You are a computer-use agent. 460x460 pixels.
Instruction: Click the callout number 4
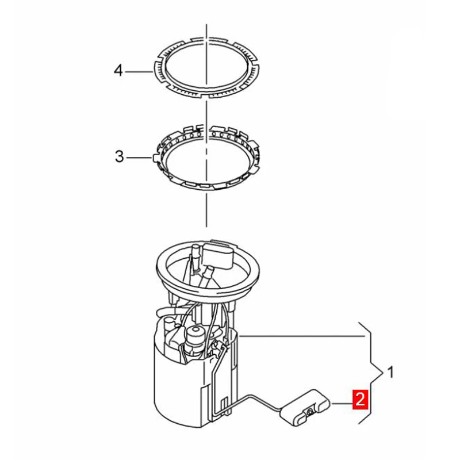(118, 71)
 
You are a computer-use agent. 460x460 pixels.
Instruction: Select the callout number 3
(119, 156)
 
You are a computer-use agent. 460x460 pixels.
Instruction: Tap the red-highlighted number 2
(359, 398)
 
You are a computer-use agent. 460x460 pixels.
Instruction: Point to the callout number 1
(390, 373)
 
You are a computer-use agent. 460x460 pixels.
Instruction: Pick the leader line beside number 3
(139, 157)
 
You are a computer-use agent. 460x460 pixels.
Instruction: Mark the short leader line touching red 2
(343, 403)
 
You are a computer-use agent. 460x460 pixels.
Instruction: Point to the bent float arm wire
(253, 397)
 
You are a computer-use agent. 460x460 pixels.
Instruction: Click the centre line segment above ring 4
(206, 32)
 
